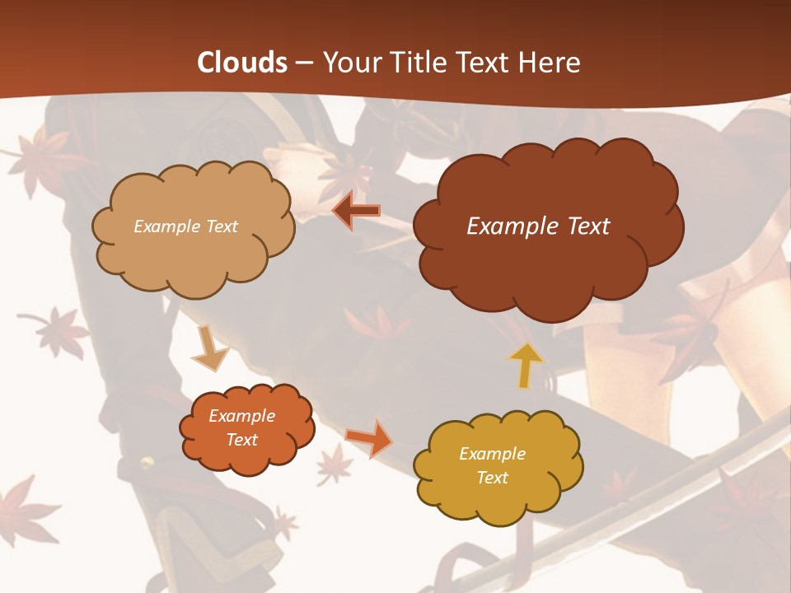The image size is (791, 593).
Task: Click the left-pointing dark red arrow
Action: (357, 211)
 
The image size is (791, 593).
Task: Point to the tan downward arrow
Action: (209, 348)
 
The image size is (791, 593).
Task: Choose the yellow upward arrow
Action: (525, 365)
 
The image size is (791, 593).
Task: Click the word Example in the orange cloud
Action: (241, 416)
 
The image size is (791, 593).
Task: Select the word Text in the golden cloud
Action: (492, 478)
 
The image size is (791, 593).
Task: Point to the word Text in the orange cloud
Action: (241, 440)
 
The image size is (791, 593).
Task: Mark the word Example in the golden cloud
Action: (492, 454)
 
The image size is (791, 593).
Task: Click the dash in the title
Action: (304, 63)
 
